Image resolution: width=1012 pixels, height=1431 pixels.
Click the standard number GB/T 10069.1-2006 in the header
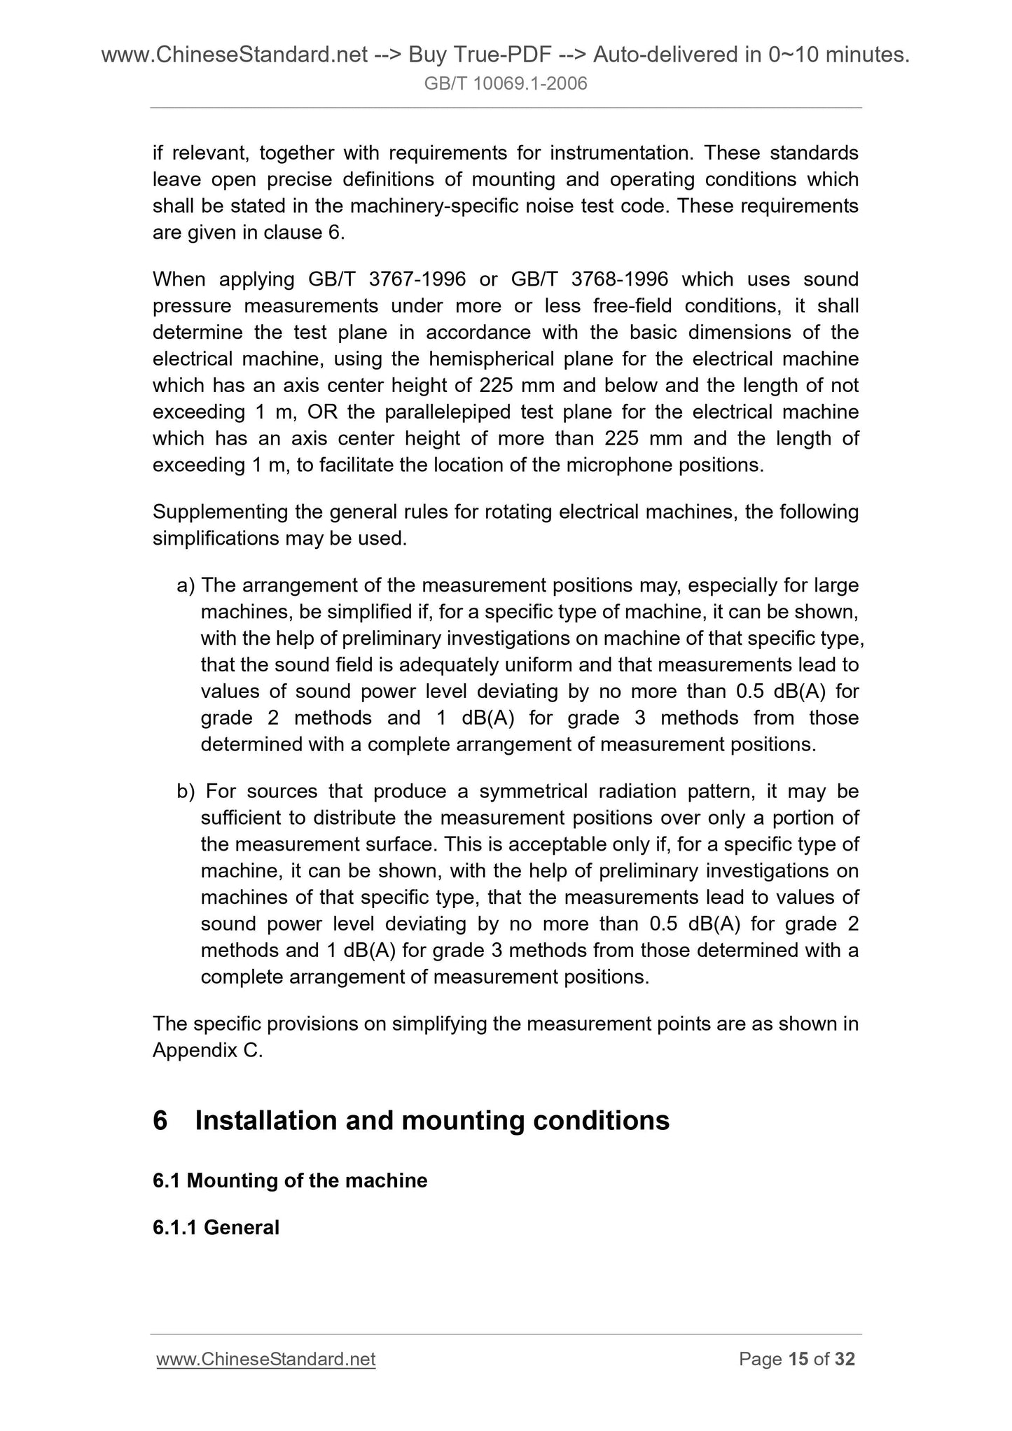coord(506,85)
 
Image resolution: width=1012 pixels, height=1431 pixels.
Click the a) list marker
coord(186,585)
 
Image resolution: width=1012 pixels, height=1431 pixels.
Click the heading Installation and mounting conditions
coord(431,1121)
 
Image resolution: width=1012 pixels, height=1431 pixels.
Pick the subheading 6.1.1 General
coord(216,1227)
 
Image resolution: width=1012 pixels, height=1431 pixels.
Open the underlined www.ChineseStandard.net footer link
coord(266,1359)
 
